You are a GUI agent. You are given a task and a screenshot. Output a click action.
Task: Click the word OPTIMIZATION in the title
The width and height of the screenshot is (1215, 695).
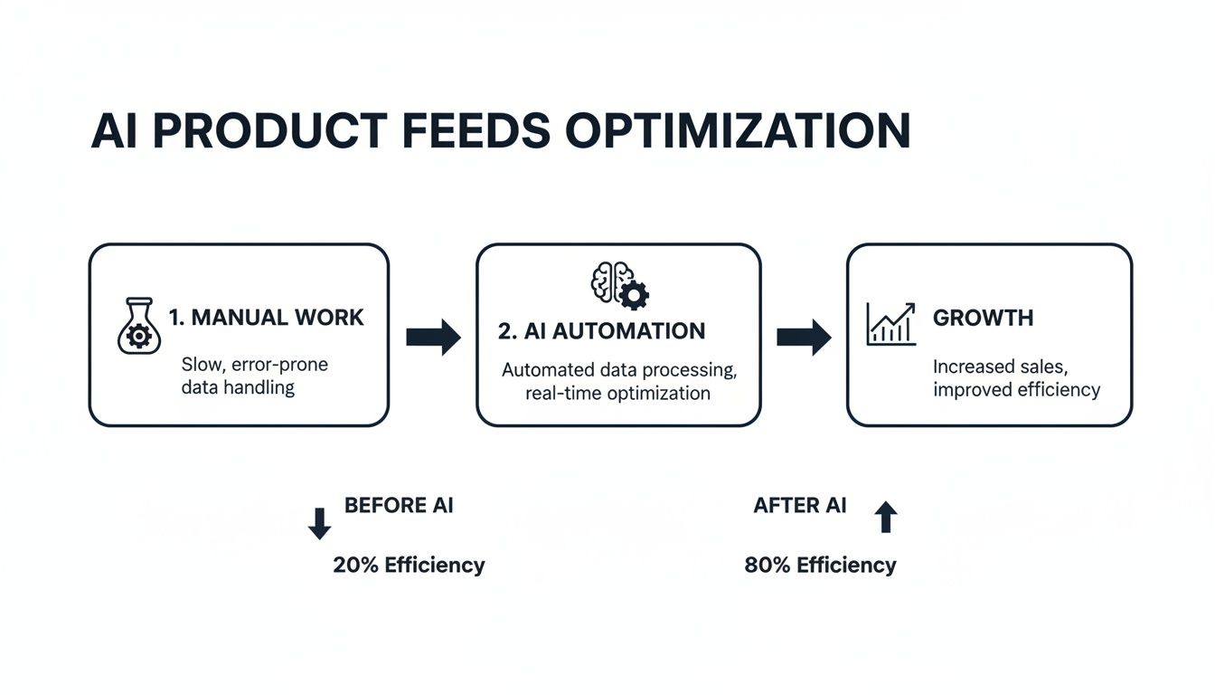[x=738, y=132]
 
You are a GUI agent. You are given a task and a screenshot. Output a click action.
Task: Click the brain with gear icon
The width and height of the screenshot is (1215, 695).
[x=619, y=285]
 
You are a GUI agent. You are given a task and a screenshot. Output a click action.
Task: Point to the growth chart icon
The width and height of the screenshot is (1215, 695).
[x=890, y=324]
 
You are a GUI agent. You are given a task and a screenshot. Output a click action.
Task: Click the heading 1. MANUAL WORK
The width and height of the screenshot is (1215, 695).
[x=266, y=318]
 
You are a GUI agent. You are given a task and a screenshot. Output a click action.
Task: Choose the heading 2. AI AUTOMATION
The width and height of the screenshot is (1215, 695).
[x=601, y=331]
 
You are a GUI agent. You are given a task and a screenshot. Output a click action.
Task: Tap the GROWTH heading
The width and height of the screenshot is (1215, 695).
[x=983, y=318]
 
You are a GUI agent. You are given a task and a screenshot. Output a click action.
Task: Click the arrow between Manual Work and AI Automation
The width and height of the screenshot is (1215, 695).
[x=433, y=338]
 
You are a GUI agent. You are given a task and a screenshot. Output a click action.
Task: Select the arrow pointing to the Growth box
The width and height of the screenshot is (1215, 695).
[x=804, y=337]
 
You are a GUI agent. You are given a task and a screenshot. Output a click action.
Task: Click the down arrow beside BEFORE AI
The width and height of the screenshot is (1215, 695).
[x=319, y=524]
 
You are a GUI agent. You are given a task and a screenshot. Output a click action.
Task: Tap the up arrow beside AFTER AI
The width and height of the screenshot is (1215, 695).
[x=886, y=517]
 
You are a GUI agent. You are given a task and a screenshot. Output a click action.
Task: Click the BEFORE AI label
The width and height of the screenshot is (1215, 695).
[x=399, y=505]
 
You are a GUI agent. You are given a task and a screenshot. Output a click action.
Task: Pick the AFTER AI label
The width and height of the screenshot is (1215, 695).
[x=799, y=505]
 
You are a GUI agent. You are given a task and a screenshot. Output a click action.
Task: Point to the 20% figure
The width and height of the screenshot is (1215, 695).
[x=356, y=566]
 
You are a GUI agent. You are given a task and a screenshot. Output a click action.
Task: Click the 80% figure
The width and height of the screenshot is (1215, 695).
[x=768, y=566]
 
